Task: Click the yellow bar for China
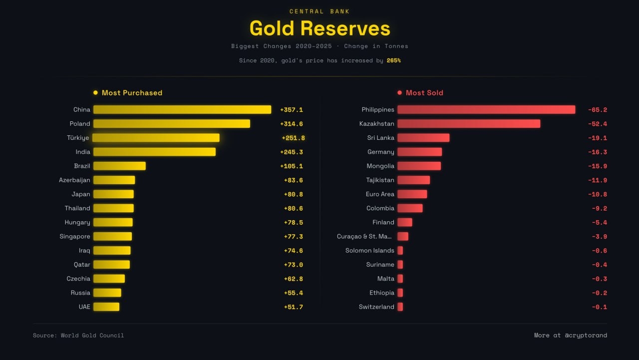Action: pyautogui.click(x=182, y=109)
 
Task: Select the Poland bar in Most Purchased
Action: pyautogui.click(x=172, y=123)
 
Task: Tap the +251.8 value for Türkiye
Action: pyautogui.click(x=293, y=138)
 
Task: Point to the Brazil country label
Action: pyautogui.click(x=82, y=166)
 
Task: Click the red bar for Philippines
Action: pyautogui.click(x=486, y=109)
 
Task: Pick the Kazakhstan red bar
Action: pyautogui.click(x=469, y=123)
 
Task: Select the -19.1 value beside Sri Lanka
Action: pyautogui.click(x=597, y=138)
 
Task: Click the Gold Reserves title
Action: pyautogui.click(x=319, y=28)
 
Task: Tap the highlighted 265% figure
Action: pyautogui.click(x=393, y=60)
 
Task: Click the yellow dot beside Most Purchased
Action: pyautogui.click(x=95, y=92)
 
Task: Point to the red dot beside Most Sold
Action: pyautogui.click(x=399, y=92)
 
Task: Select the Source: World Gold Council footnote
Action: pyautogui.click(x=78, y=336)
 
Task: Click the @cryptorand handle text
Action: pyautogui.click(x=586, y=336)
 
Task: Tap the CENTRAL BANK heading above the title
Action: pyautogui.click(x=319, y=11)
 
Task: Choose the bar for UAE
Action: pyautogui.click(x=106, y=307)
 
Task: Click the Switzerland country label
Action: pyautogui.click(x=376, y=307)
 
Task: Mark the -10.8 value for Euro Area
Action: pyautogui.click(x=597, y=194)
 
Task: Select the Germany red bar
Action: pyautogui.click(x=419, y=152)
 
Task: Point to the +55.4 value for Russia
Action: pyautogui.click(x=293, y=293)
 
